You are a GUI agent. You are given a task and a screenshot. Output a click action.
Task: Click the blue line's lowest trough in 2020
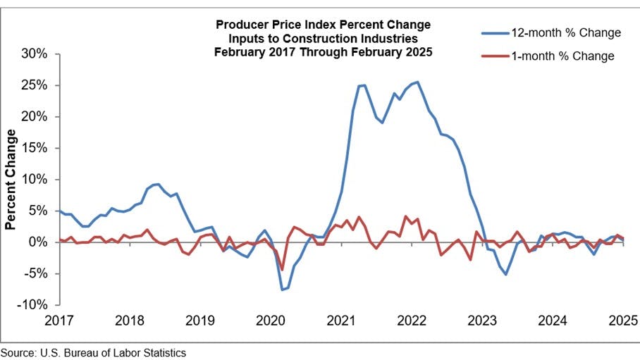282,290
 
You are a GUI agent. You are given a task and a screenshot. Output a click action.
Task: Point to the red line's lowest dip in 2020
282,270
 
